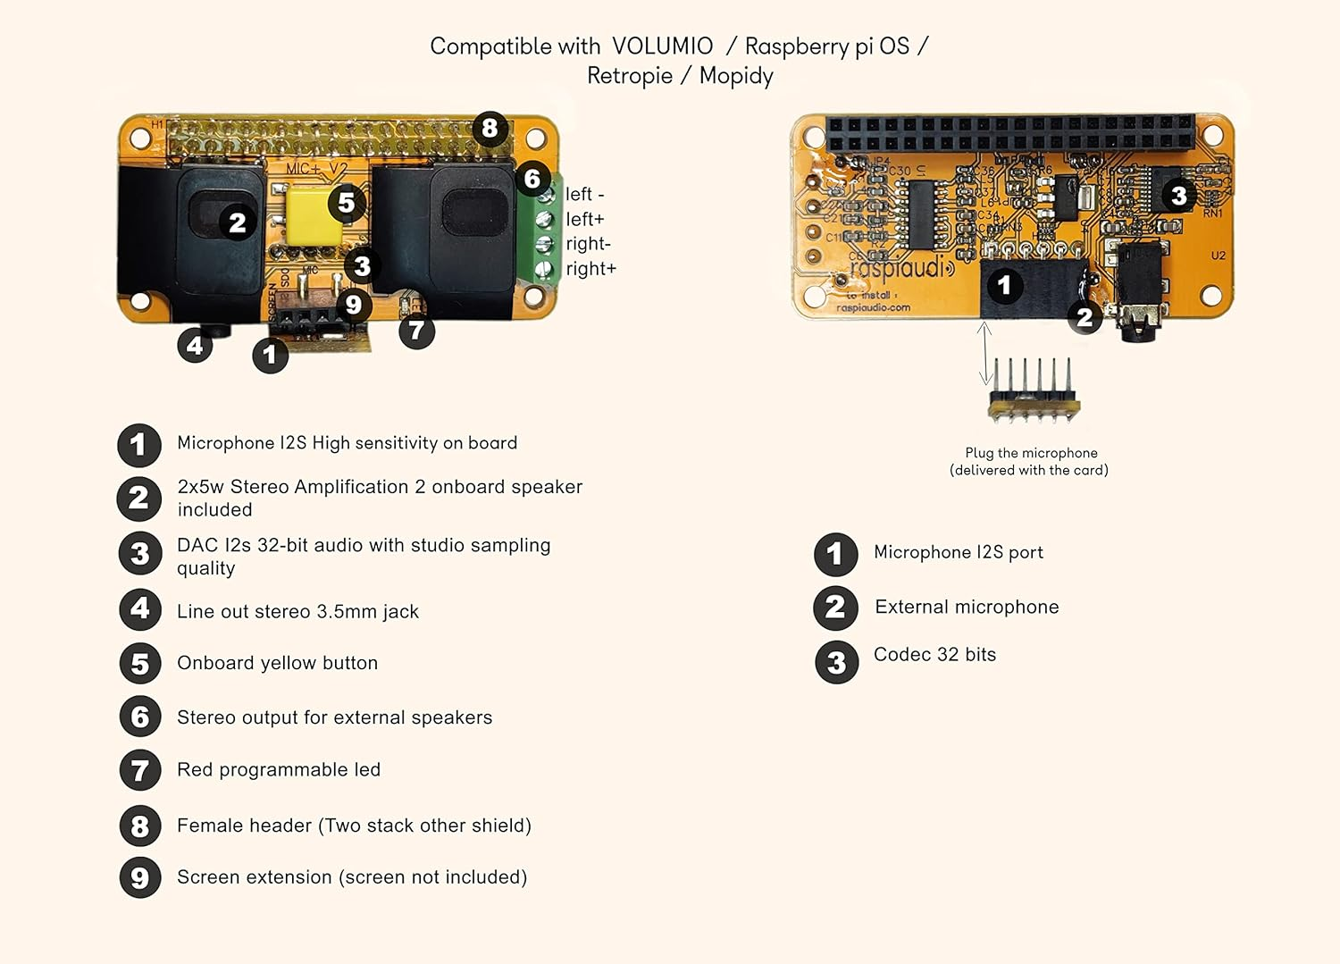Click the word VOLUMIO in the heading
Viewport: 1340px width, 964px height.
click(662, 46)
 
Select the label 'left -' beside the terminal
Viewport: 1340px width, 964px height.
click(585, 194)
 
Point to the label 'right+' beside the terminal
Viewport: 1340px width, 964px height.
click(590, 269)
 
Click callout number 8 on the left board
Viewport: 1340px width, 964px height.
click(490, 129)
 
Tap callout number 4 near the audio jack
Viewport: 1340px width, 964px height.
click(195, 345)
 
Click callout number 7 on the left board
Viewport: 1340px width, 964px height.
click(416, 331)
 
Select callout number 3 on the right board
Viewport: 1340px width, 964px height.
click(1178, 195)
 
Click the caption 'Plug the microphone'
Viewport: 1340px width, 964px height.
click(1031, 453)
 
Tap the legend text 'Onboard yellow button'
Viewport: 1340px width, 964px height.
click(277, 663)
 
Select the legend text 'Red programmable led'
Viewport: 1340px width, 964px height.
click(279, 770)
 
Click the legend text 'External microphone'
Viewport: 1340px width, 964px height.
click(967, 608)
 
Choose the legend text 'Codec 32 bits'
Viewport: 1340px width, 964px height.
click(934, 655)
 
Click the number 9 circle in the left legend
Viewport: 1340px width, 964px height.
click(140, 877)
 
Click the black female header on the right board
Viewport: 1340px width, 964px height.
click(1009, 133)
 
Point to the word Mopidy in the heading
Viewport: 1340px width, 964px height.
click(736, 76)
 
